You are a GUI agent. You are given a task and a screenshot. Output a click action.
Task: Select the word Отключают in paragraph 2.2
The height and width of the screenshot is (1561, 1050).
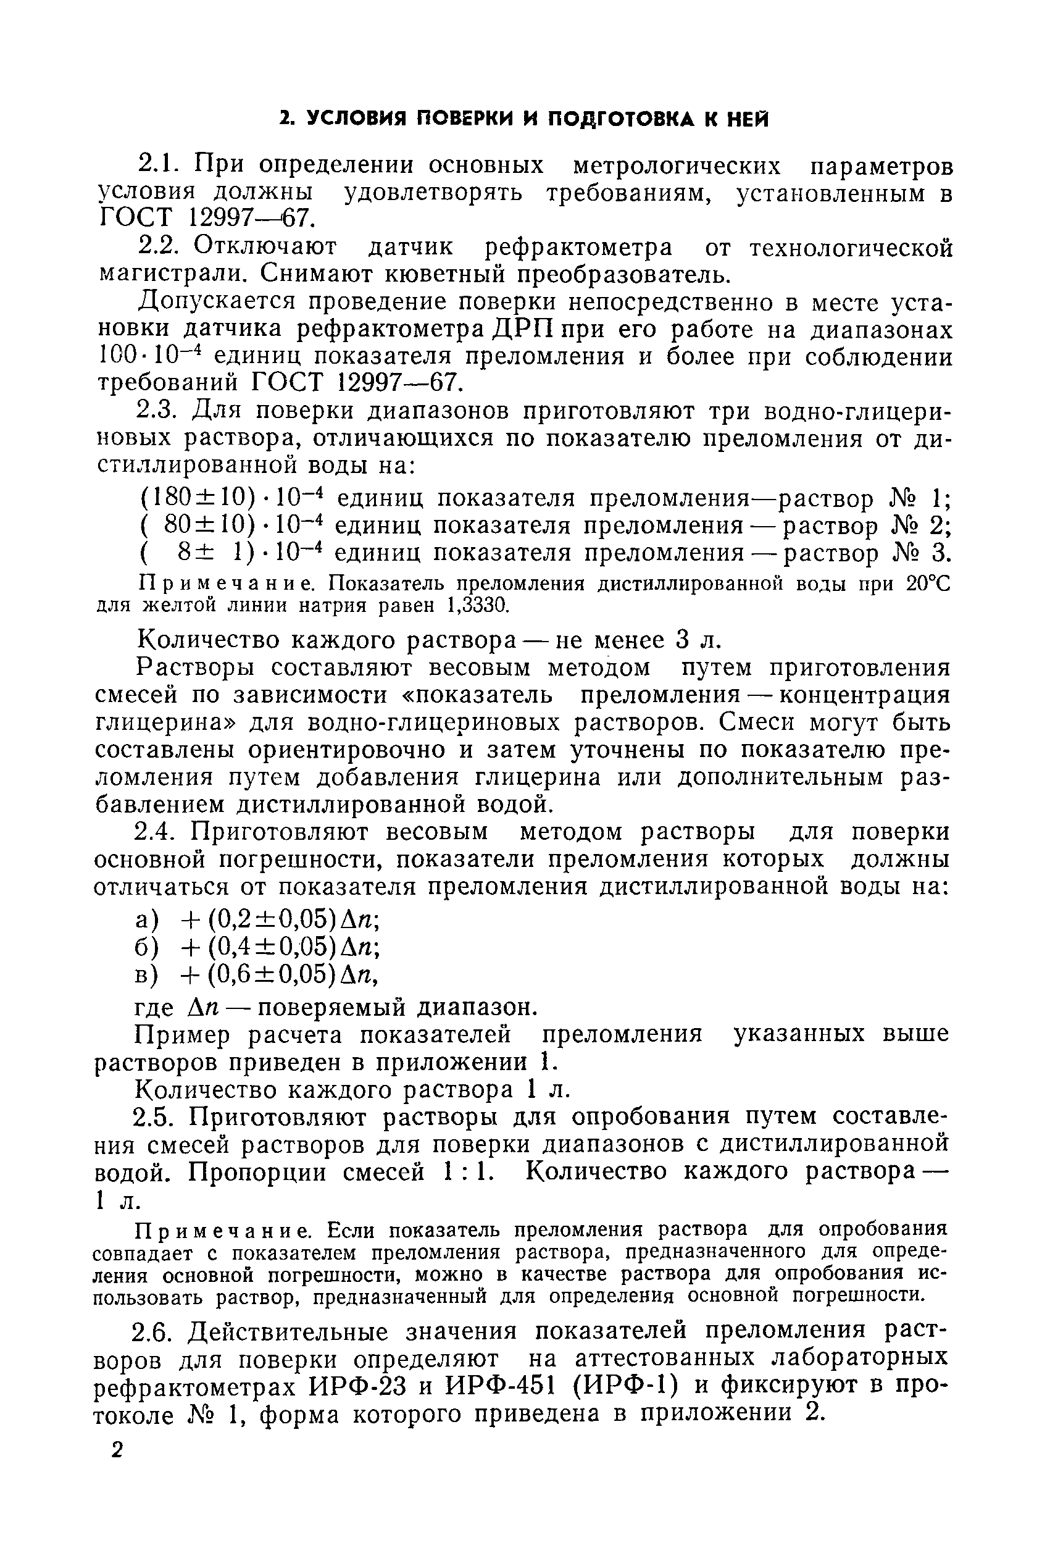(x=265, y=247)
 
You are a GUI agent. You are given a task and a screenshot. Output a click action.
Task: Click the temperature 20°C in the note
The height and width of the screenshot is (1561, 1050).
(x=928, y=584)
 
